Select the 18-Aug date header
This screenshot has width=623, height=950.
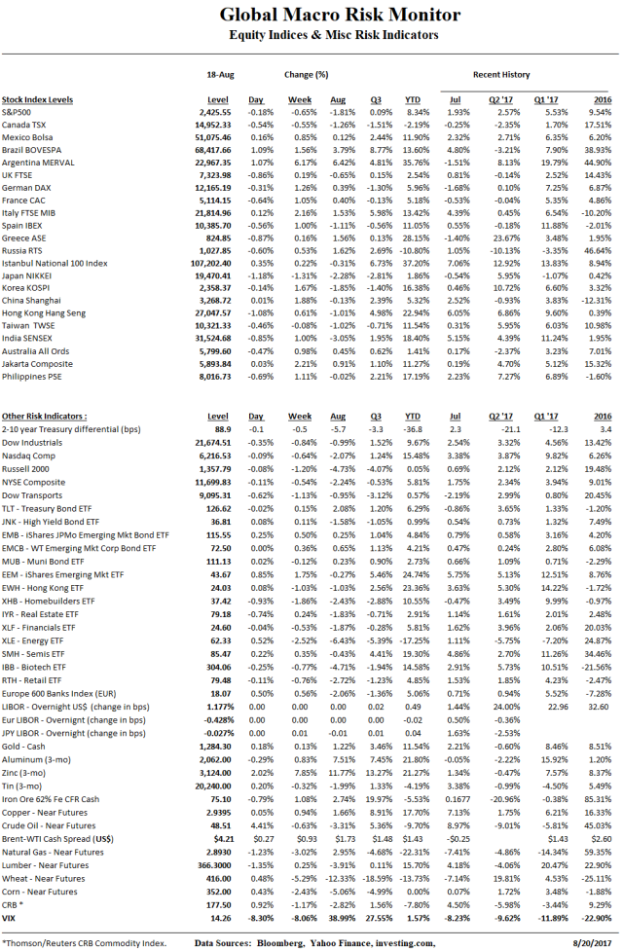pos(221,73)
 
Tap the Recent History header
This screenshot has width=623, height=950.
pos(500,73)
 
